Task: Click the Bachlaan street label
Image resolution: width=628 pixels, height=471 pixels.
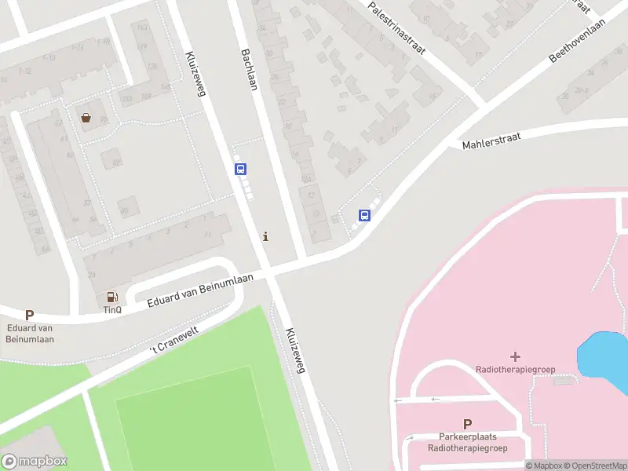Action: click(x=250, y=68)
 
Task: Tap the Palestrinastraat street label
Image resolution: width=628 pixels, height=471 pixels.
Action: click(x=396, y=27)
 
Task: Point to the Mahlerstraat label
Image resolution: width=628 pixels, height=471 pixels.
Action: click(x=491, y=141)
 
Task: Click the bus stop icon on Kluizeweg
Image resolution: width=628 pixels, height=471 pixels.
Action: click(x=241, y=169)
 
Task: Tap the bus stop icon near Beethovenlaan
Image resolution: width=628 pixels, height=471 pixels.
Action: click(x=365, y=215)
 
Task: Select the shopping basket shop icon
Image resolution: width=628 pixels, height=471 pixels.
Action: click(x=85, y=119)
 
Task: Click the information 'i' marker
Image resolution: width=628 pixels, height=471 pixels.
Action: click(x=266, y=236)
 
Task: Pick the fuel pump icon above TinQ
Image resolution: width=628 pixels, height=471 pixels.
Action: click(x=112, y=297)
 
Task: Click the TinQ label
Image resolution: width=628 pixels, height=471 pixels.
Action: click(x=112, y=309)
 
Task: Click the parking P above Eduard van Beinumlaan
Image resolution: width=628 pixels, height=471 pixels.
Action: click(x=30, y=315)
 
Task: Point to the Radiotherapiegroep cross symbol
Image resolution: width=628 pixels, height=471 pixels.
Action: click(x=515, y=356)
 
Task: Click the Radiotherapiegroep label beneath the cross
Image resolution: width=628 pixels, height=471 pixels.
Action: click(x=514, y=369)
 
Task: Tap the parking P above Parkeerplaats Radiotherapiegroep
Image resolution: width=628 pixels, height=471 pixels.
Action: click(x=468, y=423)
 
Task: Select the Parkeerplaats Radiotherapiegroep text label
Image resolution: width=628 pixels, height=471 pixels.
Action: click(x=468, y=442)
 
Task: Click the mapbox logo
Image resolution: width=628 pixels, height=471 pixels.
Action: click(x=35, y=461)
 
